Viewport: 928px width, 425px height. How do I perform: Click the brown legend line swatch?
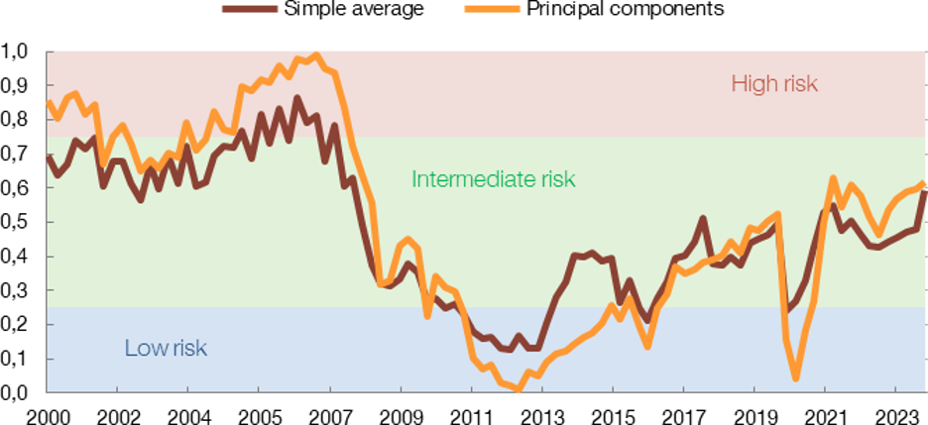(x=250, y=9)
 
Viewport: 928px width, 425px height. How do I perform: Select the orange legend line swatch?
(x=492, y=9)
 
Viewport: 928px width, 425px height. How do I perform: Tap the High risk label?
(x=774, y=83)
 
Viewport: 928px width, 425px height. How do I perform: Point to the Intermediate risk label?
(x=493, y=179)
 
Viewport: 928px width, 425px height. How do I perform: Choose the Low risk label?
(x=166, y=348)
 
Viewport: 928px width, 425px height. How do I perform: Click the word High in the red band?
(x=752, y=83)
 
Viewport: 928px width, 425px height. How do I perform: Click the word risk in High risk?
(x=798, y=83)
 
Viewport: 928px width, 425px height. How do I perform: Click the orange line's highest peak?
(x=316, y=53)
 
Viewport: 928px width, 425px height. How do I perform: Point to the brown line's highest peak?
(x=296, y=98)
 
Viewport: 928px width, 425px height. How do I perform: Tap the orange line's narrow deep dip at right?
(x=795, y=377)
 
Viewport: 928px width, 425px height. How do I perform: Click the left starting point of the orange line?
(x=48, y=102)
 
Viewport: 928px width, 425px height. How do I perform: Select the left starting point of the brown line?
(x=48, y=157)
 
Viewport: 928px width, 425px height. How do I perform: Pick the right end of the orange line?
(x=924, y=183)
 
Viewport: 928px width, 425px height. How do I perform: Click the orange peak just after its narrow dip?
(x=833, y=179)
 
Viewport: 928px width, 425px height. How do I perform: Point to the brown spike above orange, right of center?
(x=702, y=218)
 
